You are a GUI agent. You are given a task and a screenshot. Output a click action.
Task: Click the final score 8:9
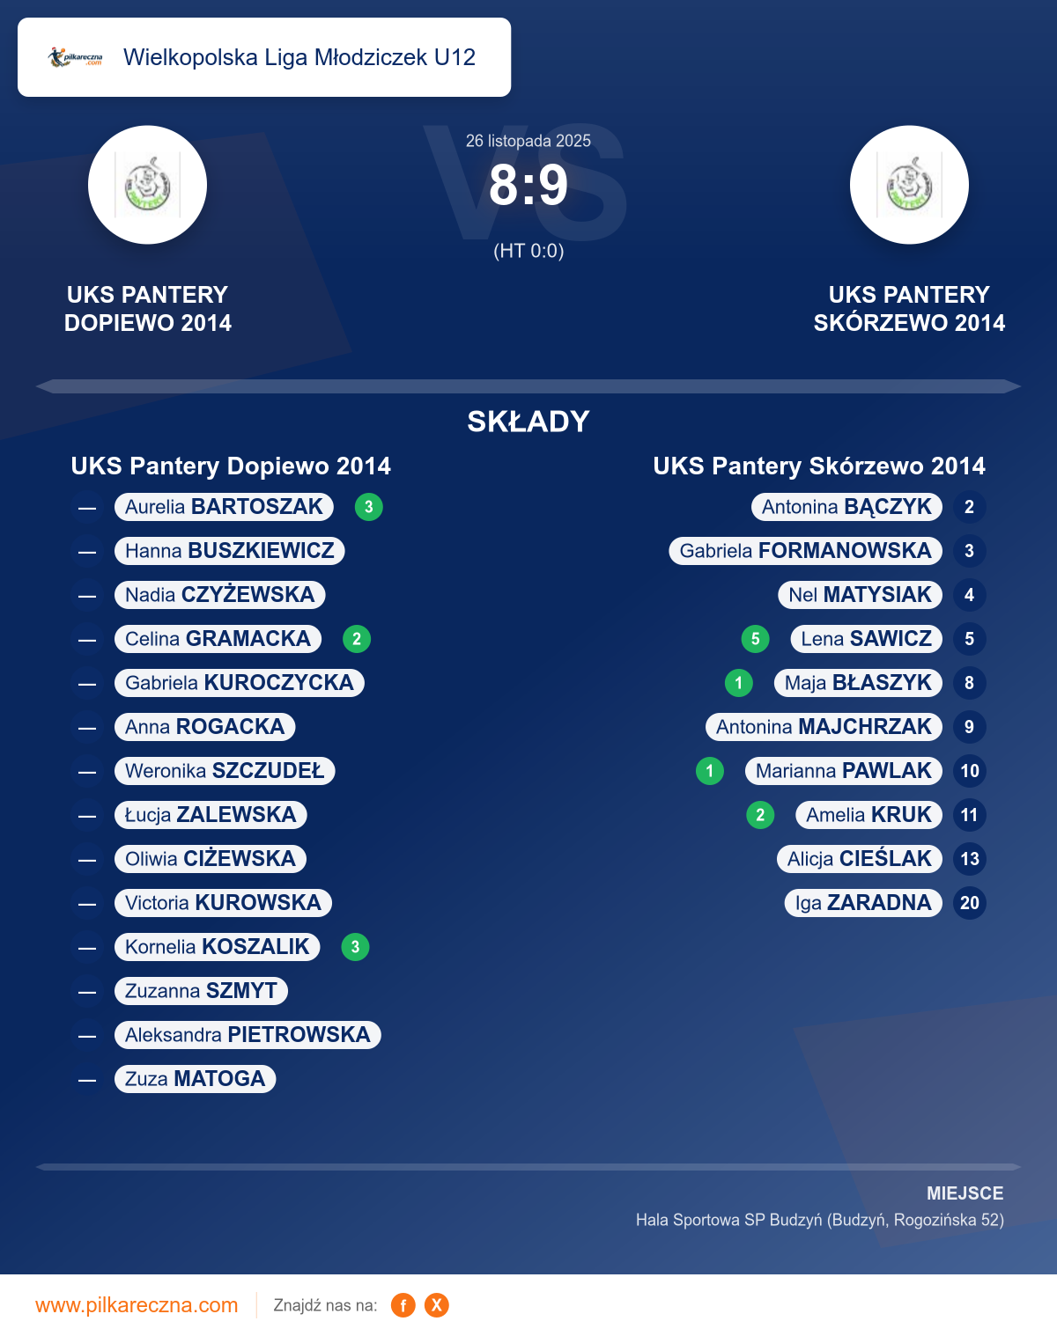528,186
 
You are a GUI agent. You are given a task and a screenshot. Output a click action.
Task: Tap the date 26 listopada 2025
528,141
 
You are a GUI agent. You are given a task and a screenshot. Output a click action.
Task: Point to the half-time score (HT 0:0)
528,251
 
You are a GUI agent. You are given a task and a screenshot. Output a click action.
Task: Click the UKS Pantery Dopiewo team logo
148,185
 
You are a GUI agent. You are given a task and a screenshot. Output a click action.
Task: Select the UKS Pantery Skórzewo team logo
909,185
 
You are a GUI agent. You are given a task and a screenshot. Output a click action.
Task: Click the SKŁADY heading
528,422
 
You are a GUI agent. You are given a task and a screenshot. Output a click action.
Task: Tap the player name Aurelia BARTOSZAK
224,507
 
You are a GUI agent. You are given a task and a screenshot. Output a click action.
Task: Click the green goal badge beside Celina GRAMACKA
357,639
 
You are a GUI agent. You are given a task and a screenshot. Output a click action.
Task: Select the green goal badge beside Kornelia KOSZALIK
355,947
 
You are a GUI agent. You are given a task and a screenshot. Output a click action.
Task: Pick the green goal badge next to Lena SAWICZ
755,639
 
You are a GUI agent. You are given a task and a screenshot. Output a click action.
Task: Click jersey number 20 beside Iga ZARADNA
970,903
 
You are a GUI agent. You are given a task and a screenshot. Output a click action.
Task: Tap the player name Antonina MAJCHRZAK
824,727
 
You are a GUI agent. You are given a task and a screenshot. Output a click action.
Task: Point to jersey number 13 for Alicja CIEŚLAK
970,859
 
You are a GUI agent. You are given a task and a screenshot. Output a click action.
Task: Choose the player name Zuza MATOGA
195,1079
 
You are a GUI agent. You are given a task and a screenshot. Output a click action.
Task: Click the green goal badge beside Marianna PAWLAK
710,771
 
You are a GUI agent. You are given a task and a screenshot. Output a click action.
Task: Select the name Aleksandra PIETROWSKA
248,1035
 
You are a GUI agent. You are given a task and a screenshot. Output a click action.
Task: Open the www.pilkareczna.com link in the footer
137,1305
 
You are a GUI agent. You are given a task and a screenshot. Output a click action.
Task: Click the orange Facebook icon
403,1305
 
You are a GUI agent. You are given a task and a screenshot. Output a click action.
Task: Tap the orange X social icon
437,1305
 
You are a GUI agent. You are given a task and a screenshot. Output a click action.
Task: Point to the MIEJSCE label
965,1193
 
